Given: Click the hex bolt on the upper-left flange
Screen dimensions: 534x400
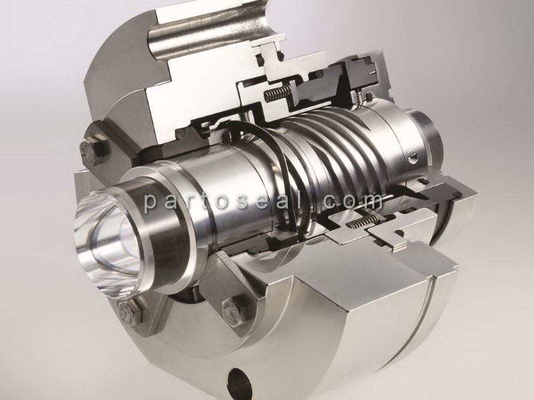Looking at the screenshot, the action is coord(90,151).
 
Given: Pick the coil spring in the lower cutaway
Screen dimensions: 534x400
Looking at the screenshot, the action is coord(363,222).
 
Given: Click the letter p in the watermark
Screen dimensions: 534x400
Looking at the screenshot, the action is coord(151,203).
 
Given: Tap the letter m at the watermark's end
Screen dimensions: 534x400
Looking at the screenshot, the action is coord(371,202).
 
